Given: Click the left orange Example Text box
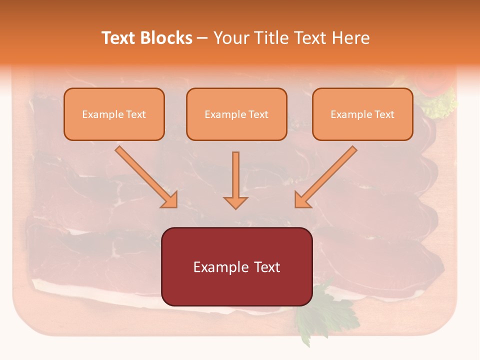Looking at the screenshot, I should [114, 114].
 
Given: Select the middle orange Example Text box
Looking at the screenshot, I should [236, 114].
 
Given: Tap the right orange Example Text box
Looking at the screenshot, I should [362, 114].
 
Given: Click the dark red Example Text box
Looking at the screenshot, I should [236, 266].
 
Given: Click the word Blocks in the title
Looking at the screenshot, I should [167, 38].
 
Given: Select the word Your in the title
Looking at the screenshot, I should [231, 38].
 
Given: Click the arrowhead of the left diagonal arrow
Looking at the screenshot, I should [170, 200].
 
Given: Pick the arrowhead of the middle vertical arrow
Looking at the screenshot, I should [235, 202].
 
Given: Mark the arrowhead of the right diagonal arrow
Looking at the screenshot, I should [302, 200].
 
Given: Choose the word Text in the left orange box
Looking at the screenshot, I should [136, 114].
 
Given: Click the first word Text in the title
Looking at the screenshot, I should [119, 38].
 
